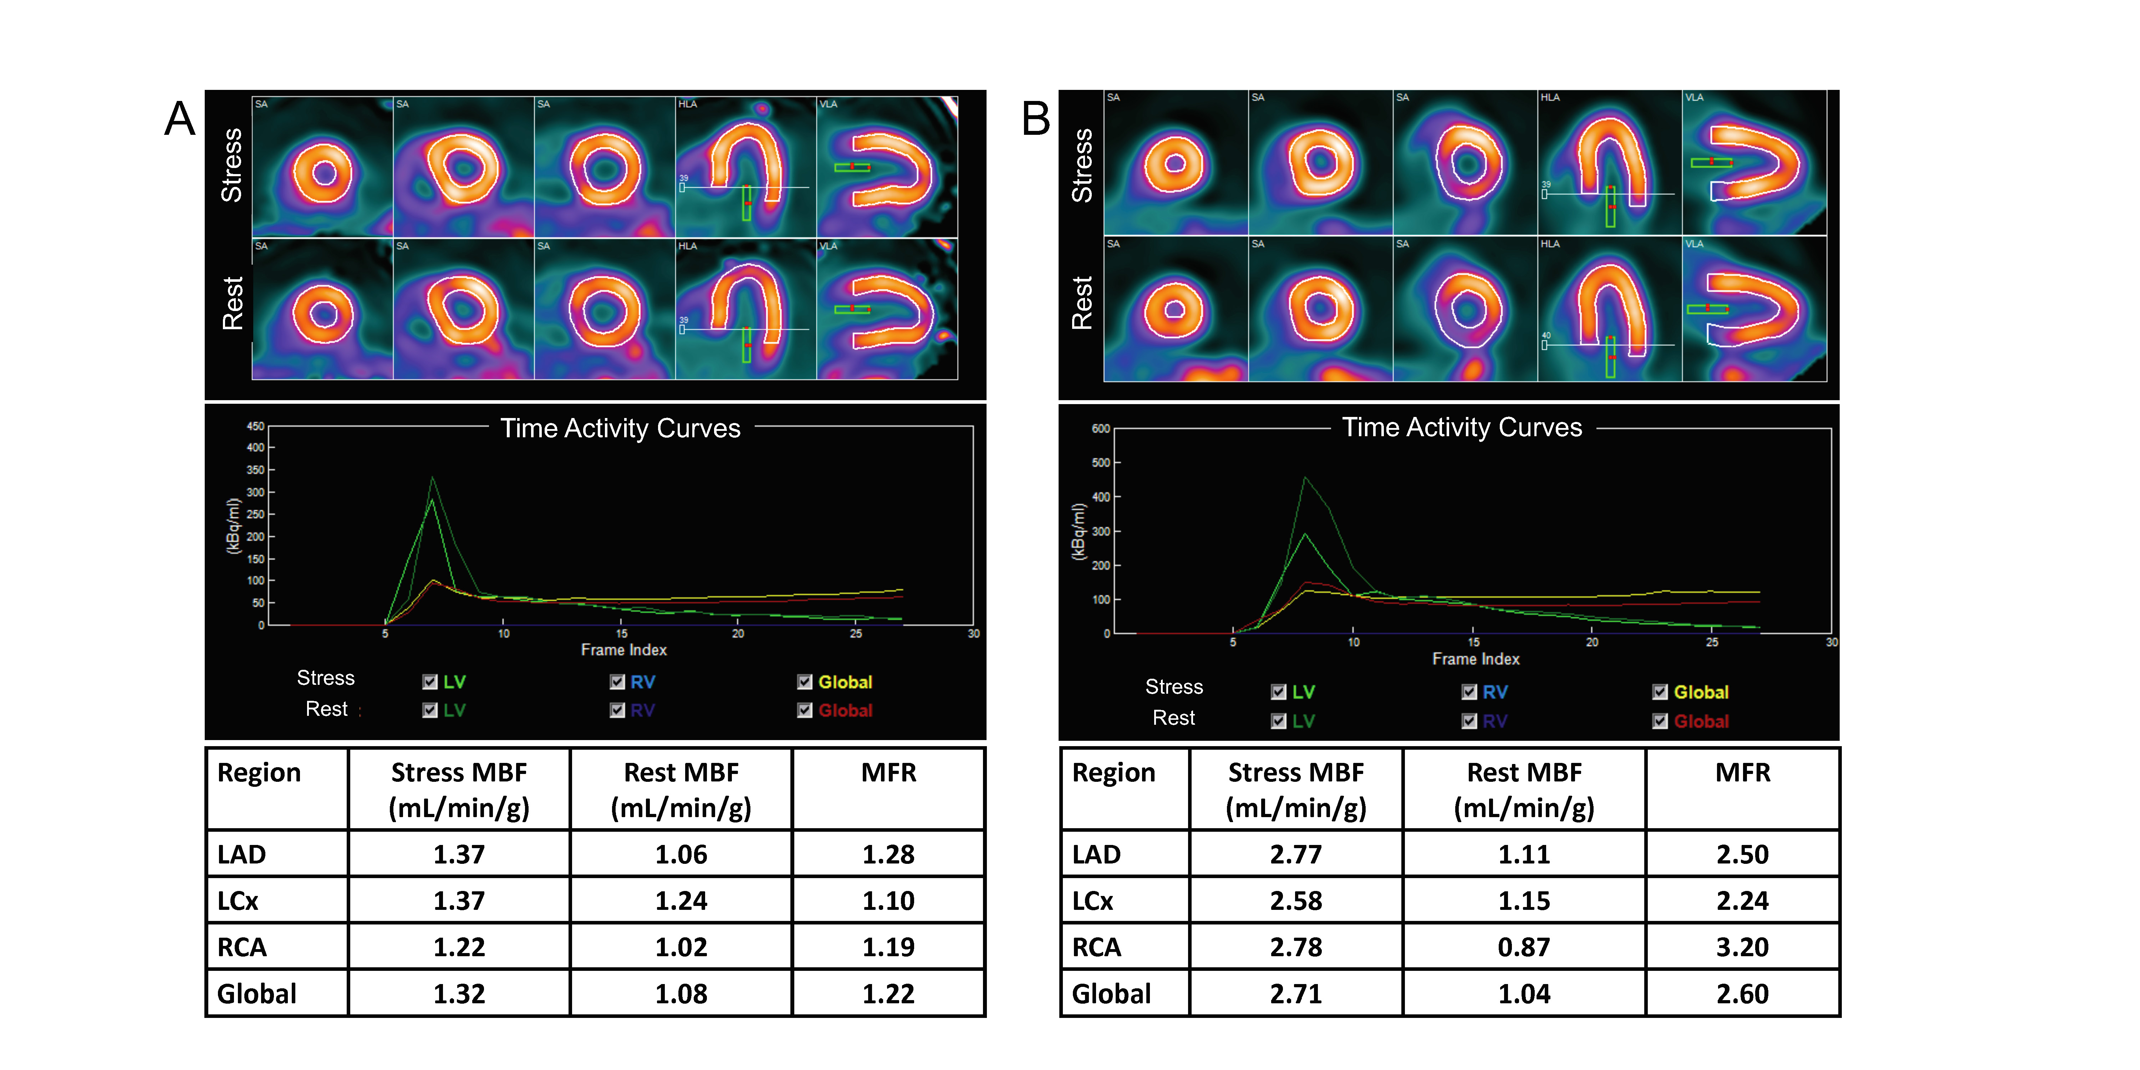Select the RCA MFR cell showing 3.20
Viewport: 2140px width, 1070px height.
(1742, 947)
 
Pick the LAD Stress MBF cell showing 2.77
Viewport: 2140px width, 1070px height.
(1295, 854)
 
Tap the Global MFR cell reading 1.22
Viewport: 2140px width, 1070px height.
(888, 994)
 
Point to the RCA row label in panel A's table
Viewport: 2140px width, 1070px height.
(242, 947)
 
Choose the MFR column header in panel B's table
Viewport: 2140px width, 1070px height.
(1742, 773)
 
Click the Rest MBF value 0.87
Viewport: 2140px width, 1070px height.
(1524, 947)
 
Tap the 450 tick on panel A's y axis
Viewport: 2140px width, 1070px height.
(255, 426)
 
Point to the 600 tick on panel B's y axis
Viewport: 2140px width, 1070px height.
(1101, 429)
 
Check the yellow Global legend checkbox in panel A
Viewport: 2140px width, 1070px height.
(804, 682)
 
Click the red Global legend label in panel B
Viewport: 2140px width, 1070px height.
(1701, 721)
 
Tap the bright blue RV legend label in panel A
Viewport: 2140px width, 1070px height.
(642, 682)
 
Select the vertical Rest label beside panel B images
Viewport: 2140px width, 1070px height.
(1082, 303)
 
